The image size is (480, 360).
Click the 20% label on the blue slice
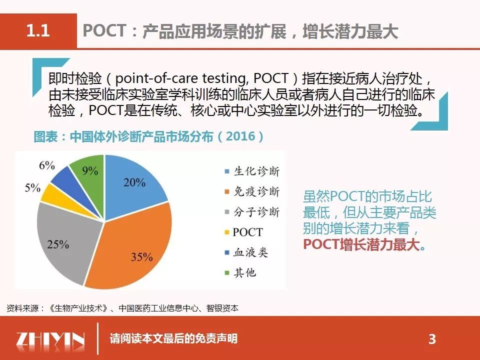tap(134, 182)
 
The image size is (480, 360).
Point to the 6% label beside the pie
tap(47, 165)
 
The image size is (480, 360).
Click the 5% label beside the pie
tap(32, 187)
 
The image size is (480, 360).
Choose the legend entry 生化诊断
tap(252, 171)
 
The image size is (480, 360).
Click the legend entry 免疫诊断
tap(252, 191)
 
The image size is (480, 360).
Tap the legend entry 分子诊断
tap(252, 212)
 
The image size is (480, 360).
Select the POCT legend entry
tap(243, 232)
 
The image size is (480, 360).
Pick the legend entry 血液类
tap(246, 252)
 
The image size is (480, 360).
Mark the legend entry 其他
tap(240, 272)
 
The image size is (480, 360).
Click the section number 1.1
tap(38, 30)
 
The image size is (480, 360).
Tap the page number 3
tap(432, 339)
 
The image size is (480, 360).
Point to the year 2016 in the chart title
tap(240, 136)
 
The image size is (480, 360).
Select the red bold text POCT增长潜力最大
tap(362, 244)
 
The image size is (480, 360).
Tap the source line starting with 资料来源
tap(122, 308)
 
